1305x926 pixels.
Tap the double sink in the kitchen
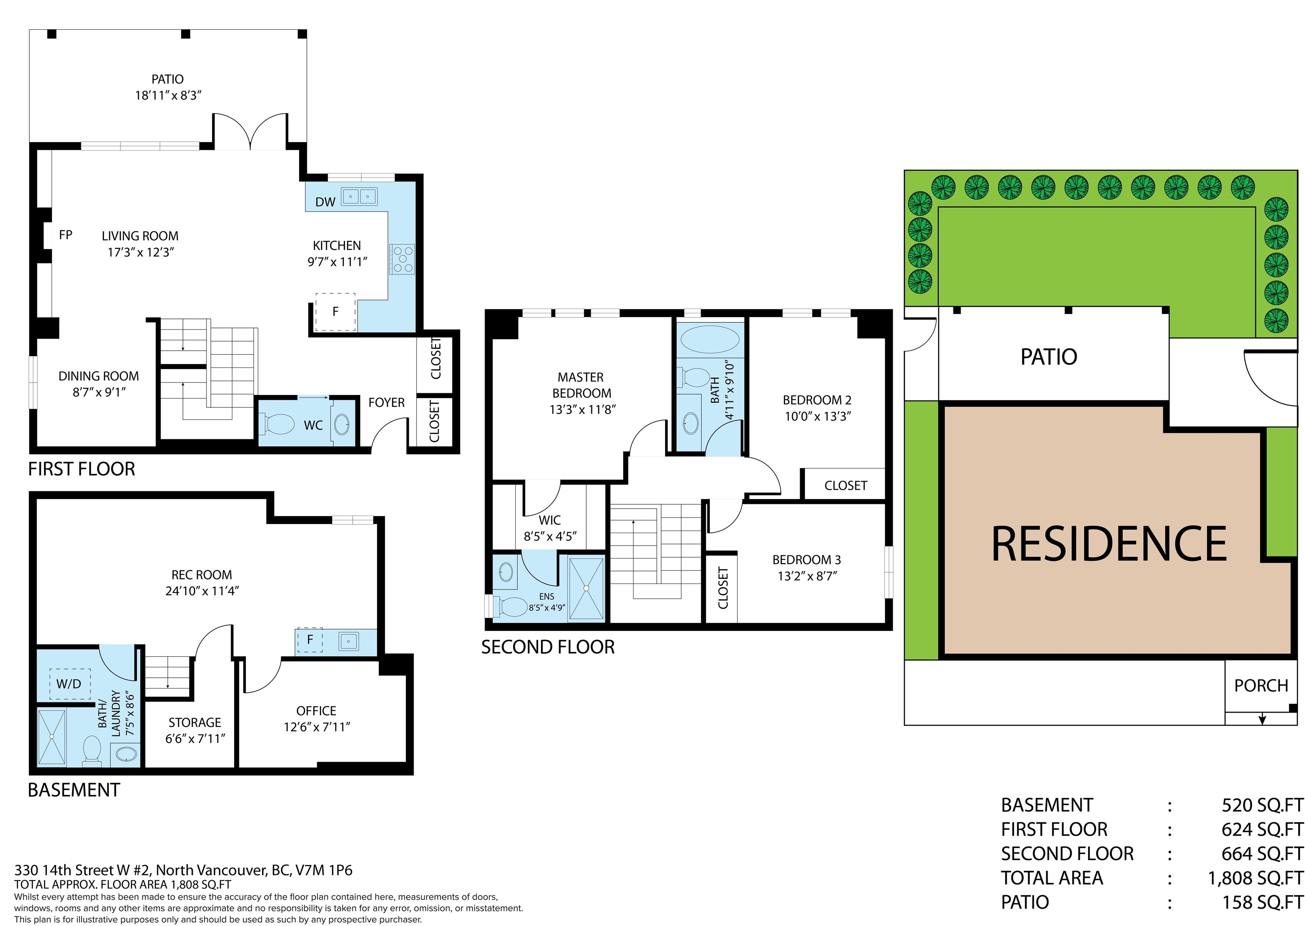[x=359, y=197]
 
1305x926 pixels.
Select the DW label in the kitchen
[x=325, y=202]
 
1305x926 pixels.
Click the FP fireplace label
[x=65, y=235]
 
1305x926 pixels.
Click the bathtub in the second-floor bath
[x=711, y=340]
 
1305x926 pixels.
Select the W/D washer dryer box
[x=68, y=684]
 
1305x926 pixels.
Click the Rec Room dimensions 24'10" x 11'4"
[x=202, y=591]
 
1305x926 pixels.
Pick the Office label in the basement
[x=316, y=710]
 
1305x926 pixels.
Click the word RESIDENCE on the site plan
[x=1109, y=544]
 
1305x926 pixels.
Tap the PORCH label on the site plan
[x=1261, y=685]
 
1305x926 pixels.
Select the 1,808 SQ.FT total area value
[x=1256, y=878]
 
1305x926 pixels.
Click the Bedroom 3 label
[x=807, y=560]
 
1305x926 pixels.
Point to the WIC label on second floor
[x=549, y=520]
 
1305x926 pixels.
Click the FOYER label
[x=386, y=403]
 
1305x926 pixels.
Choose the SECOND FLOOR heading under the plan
[x=547, y=647]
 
